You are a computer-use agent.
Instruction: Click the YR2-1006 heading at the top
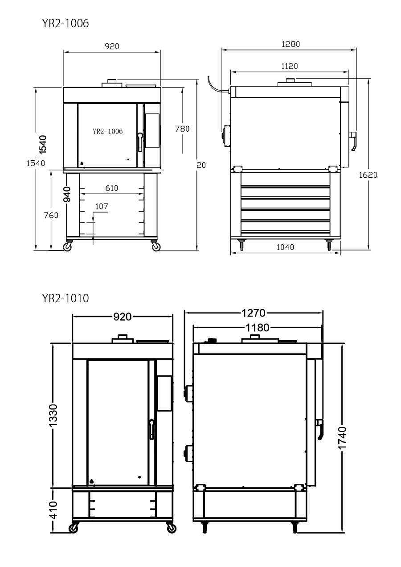[x=65, y=23]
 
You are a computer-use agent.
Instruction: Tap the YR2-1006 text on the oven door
[x=108, y=131]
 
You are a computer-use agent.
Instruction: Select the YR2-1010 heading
[x=65, y=298]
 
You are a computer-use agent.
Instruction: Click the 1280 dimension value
[x=291, y=44]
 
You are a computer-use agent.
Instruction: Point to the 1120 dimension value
[x=290, y=67]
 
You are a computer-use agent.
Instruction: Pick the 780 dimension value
[x=182, y=129]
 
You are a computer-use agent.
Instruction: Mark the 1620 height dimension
[x=368, y=175]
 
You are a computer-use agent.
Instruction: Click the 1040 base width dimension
[x=285, y=247]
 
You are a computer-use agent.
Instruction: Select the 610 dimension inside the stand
[x=112, y=188]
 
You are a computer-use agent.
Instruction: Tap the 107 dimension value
[x=102, y=207]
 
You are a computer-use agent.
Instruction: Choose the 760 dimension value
[x=51, y=215]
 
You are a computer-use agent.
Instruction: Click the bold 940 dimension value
[x=67, y=194]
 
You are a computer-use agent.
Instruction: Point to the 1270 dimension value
[x=254, y=313]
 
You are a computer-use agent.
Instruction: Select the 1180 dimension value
[x=258, y=328]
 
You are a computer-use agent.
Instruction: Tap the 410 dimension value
[x=53, y=510]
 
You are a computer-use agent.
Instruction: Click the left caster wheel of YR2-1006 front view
[x=67, y=246]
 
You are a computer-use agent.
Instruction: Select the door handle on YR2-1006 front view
[x=140, y=142]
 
